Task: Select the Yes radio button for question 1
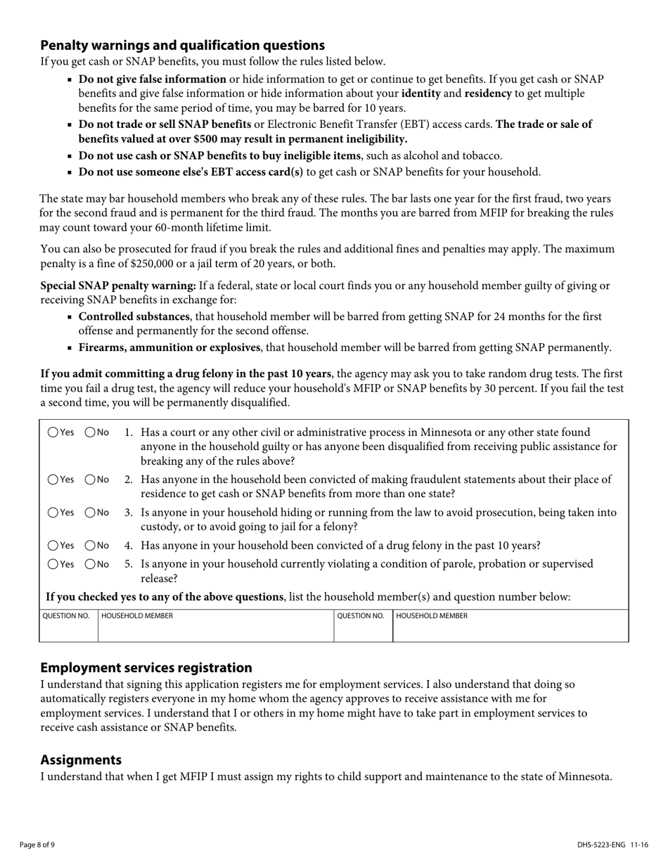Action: point(53,432)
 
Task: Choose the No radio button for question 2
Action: point(91,480)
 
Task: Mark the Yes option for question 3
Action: point(53,513)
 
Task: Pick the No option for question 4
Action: point(91,545)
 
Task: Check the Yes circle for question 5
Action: point(53,564)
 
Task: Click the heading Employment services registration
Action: point(146,667)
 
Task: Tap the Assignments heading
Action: point(81,760)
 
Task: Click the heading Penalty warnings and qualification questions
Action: point(182,46)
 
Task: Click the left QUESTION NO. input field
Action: point(68,632)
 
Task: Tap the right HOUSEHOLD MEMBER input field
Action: point(510,632)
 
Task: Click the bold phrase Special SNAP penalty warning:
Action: point(118,286)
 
